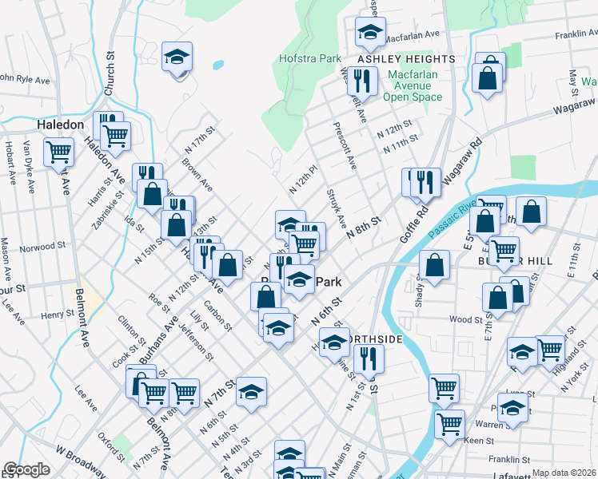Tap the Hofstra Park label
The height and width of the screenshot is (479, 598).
(x=310, y=58)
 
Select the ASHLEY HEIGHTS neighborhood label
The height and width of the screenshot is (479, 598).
(x=395, y=59)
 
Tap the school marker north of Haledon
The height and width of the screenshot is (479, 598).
(x=177, y=57)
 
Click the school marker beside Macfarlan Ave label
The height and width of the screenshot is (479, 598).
(x=370, y=31)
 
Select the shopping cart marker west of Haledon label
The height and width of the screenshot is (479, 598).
(x=58, y=151)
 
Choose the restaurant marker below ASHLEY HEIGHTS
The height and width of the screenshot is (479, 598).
(x=364, y=80)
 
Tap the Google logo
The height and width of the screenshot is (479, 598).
(x=26, y=469)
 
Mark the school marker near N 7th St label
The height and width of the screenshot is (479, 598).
(x=251, y=392)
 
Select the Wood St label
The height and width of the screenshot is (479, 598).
(x=461, y=319)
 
